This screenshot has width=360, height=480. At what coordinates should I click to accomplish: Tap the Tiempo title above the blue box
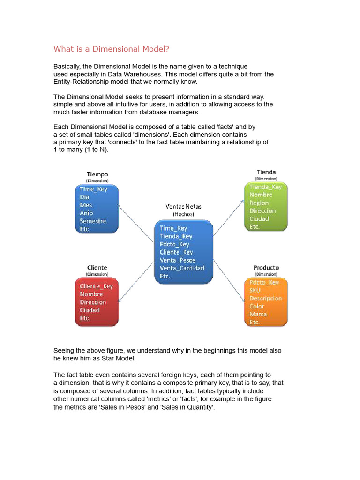click(97, 174)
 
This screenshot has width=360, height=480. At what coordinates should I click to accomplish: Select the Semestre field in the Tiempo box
click(93, 221)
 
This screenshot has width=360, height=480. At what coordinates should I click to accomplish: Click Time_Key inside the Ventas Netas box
click(173, 228)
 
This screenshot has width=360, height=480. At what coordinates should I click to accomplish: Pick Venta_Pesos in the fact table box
click(177, 260)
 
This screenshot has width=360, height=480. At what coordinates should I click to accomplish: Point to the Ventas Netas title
click(183, 206)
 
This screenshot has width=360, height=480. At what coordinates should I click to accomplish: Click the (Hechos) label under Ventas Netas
click(183, 214)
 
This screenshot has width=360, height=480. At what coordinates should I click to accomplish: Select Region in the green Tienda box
click(259, 203)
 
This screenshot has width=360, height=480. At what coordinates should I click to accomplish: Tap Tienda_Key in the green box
click(265, 187)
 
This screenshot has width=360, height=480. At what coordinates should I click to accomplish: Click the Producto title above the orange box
click(266, 268)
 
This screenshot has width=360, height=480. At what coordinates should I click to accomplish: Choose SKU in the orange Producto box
click(255, 290)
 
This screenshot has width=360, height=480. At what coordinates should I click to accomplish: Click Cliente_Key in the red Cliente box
click(96, 286)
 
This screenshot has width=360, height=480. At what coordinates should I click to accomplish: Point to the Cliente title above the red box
click(97, 268)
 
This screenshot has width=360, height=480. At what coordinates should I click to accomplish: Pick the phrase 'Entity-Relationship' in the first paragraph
click(82, 82)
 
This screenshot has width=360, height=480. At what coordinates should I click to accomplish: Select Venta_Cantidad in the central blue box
click(181, 268)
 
